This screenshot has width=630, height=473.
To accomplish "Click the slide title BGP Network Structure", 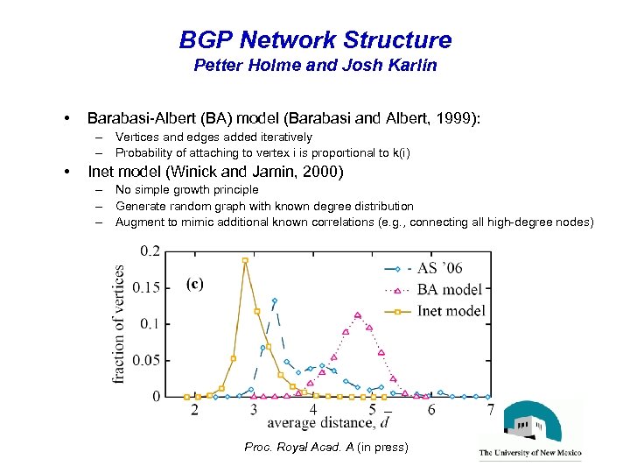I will click(315, 39).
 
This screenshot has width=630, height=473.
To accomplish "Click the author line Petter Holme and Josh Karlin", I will click(315, 65).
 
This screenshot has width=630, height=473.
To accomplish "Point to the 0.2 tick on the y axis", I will click(150, 251).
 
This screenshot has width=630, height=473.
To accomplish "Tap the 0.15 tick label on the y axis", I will click(146, 287).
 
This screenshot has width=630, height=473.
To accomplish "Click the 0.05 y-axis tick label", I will click(146, 360).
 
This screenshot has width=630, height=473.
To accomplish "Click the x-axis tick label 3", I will click(254, 410).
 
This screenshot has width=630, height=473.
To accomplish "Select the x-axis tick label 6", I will click(431, 410).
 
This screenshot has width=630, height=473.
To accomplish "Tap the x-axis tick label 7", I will click(491, 410).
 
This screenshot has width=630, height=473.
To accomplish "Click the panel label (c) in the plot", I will click(196, 283).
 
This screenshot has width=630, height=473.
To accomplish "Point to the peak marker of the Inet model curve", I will click(245, 260).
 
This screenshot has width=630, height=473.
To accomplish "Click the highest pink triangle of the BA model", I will click(358, 315).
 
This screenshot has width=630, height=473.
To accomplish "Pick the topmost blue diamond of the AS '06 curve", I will click(275, 300).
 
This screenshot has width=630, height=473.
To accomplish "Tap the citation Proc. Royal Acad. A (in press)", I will click(325, 448).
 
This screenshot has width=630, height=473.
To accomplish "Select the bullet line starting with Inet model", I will click(216, 172).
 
